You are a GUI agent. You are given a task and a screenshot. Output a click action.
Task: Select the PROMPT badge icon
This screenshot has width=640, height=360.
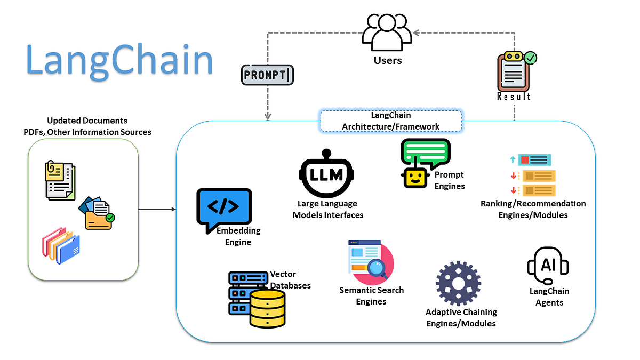267,75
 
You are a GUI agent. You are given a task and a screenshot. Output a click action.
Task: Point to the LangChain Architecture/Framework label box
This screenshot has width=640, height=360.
391,121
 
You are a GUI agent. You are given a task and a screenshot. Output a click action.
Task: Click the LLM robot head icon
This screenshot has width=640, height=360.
327,174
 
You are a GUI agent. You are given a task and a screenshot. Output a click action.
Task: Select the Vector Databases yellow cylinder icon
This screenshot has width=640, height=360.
267,307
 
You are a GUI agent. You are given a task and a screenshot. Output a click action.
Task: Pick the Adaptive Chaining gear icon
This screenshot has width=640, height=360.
458,283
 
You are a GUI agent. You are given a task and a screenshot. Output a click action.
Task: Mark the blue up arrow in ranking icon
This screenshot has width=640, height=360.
513,159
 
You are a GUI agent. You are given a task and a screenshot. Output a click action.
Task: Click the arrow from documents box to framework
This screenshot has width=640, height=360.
157,209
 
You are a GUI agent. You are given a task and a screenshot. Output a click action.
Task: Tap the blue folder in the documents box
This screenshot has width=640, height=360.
68,249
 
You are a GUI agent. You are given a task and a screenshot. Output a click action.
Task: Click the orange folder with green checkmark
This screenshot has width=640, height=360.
98,213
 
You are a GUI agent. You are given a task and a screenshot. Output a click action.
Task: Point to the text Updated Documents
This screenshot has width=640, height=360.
87,121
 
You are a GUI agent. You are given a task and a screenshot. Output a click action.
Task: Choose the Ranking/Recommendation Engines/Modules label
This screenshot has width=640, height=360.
533,209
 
